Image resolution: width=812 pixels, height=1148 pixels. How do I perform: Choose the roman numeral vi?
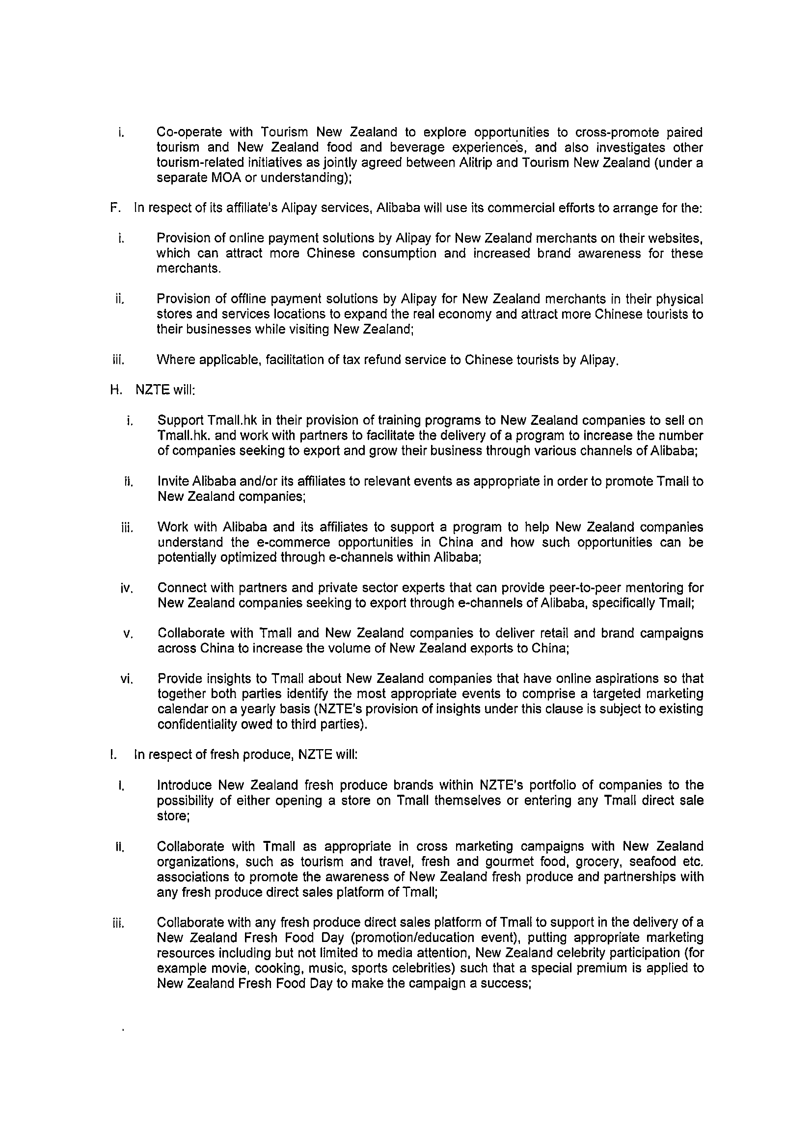coord(126,679)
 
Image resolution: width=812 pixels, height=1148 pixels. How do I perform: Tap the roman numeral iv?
coord(126,589)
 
